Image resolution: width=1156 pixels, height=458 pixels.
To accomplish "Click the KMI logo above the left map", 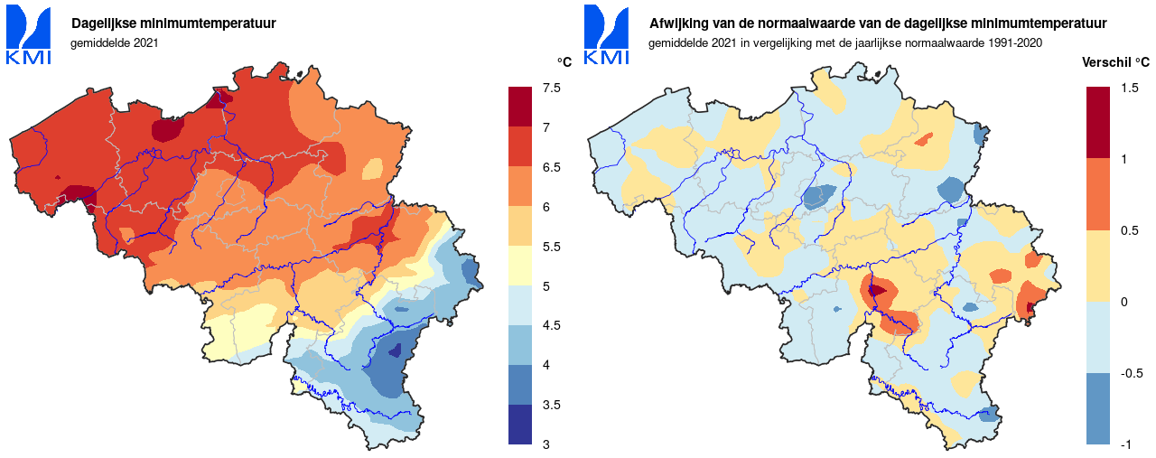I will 29,34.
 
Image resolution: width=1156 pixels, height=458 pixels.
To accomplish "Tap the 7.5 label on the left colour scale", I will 551,88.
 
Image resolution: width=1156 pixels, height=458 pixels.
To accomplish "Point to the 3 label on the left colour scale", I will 545,444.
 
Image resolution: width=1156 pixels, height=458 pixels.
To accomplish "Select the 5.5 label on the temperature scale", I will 551,247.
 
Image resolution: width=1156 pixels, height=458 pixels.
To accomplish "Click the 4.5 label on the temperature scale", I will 551,325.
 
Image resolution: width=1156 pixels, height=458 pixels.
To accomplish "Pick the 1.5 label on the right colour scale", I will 1129,88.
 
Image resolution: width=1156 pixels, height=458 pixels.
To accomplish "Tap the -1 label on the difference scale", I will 1125,444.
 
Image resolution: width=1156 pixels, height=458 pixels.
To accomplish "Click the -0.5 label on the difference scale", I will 1132,373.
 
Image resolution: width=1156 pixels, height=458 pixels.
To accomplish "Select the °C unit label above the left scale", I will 564,62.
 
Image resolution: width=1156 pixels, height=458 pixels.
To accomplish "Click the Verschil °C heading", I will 1115,62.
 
